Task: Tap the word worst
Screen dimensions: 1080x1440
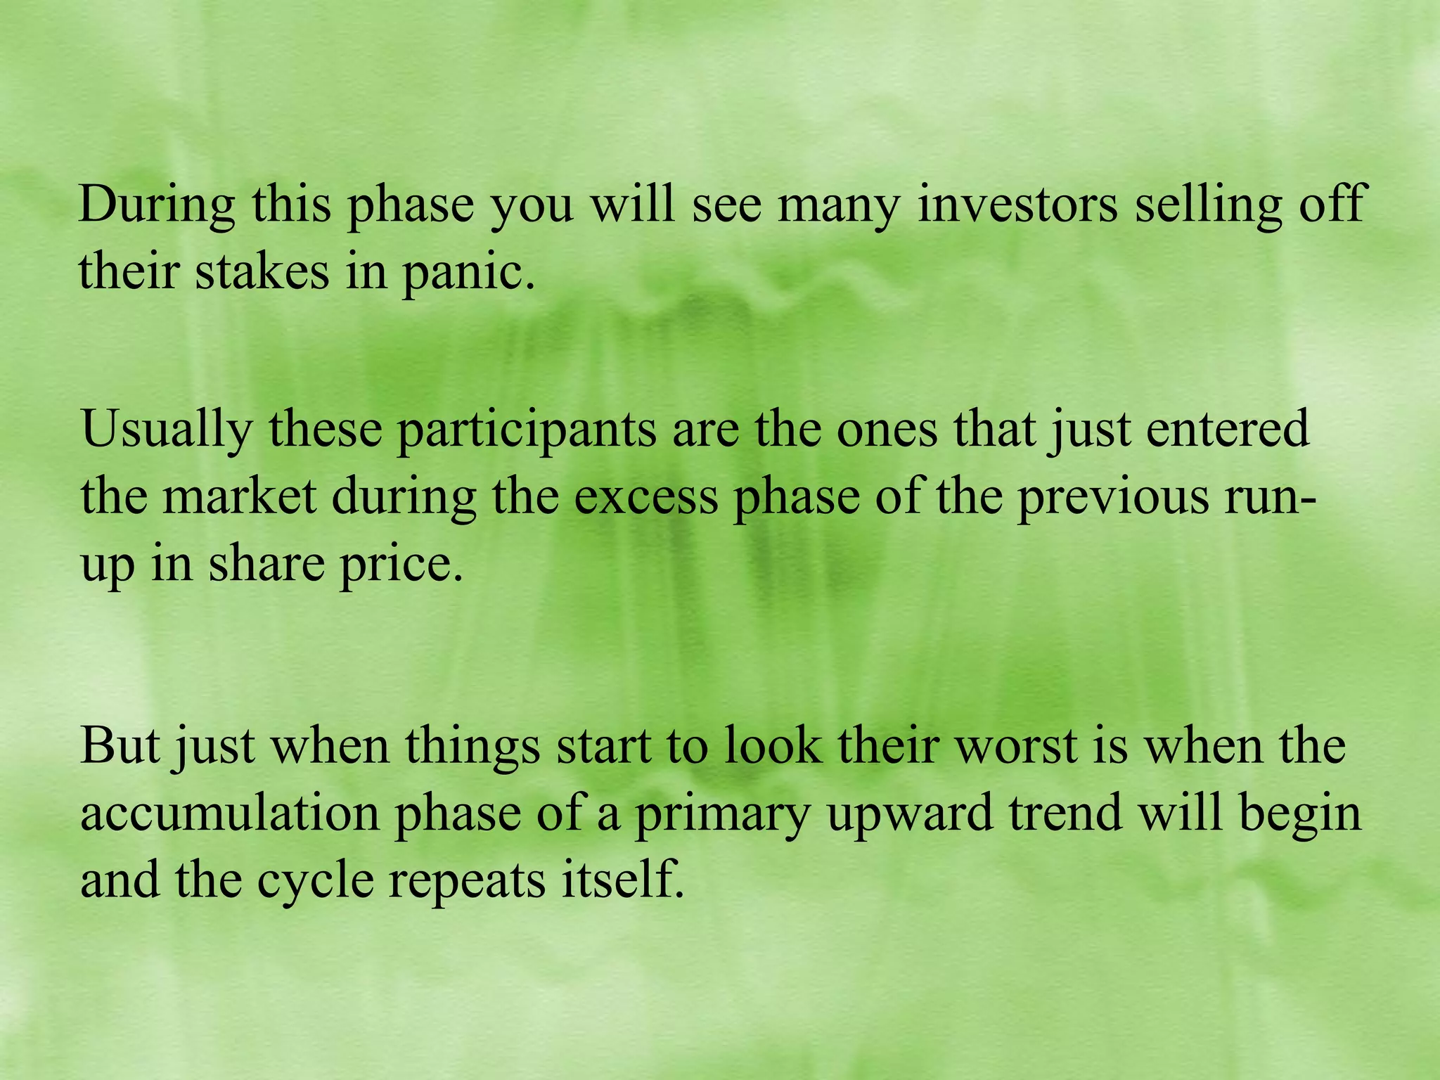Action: coord(1017,745)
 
